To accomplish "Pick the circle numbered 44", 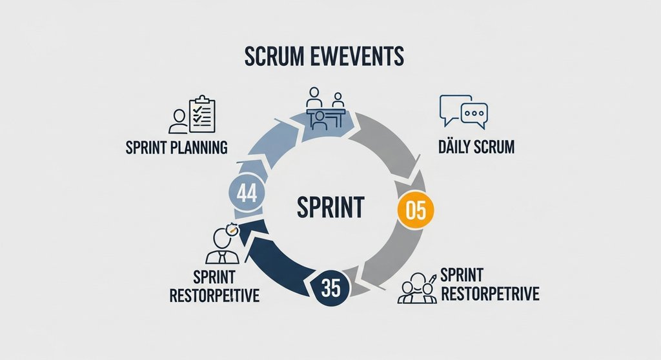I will [x=247, y=194].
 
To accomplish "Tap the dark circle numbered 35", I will [x=330, y=287].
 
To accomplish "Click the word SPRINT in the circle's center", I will [x=330, y=208].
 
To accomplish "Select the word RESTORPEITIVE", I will [x=214, y=296].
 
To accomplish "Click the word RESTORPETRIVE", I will [x=489, y=295].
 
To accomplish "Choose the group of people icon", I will [x=416, y=288].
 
